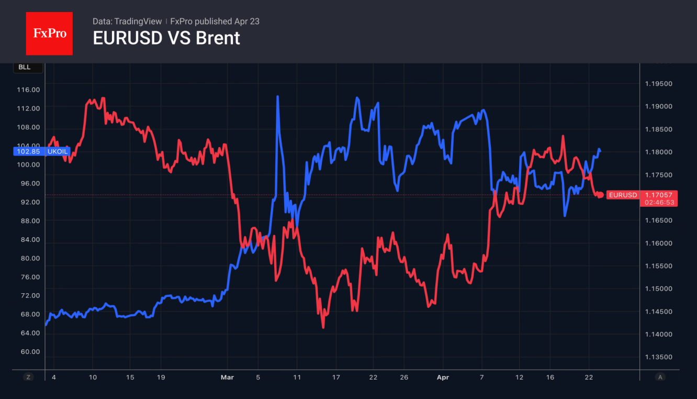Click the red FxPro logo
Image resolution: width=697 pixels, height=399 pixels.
point(49,34)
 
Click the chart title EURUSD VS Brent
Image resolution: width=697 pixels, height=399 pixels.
point(166,38)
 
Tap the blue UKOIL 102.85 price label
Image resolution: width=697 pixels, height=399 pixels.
point(41,151)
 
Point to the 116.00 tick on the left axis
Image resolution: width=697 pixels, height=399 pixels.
point(28,90)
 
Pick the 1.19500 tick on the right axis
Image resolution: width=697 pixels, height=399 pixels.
point(658,84)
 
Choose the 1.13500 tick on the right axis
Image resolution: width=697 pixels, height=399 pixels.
point(658,357)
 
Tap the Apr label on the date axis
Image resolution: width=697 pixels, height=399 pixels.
point(443,377)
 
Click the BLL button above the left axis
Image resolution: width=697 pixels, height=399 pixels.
point(24,67)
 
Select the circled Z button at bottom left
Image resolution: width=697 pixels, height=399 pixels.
point(29,377)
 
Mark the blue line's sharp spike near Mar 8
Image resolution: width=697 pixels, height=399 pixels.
point(277,97)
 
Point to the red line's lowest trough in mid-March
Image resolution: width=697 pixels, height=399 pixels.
point(323,327)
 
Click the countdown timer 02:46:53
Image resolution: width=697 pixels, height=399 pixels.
point(659,202)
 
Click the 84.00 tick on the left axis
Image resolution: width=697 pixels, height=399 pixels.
point(28,239)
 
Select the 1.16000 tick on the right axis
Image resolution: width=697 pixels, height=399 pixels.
point(658,243)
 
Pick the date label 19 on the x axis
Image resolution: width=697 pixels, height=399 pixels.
point(161,377)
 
